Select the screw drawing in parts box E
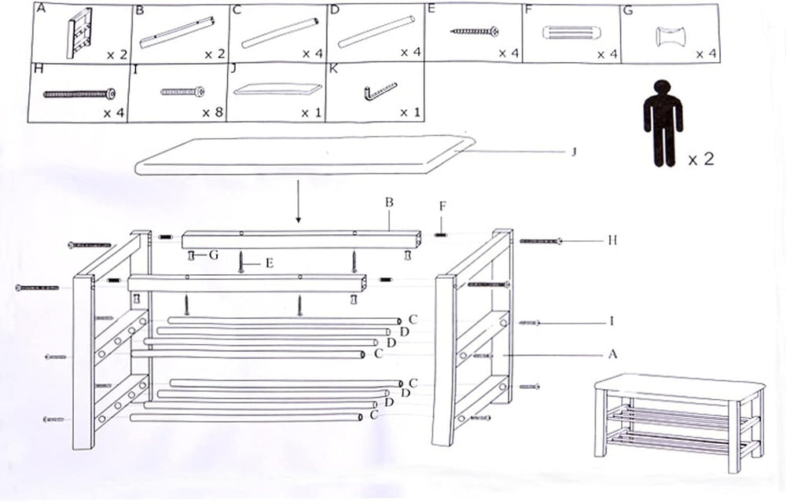pos(474,31)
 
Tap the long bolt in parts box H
pos(79,93)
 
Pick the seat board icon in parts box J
pos(277,89)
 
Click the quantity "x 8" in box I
pos(212,112)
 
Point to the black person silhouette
pos(663,123)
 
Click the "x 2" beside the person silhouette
pos(701,159)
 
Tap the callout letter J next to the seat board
pos(574,152)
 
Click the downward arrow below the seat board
pos(298,201)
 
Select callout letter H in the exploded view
pos(612,240)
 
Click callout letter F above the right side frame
pos(442,207)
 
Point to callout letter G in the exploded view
pos(214,255)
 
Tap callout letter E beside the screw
pos(270,263)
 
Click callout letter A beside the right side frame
pos(612,355)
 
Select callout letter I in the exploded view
pos(612,321)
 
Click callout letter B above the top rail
pos(389,203)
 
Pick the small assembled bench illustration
pos(680,416)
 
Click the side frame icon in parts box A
pos(79,32)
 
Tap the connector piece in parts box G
pos(671,37)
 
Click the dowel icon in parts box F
pos(572,34)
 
